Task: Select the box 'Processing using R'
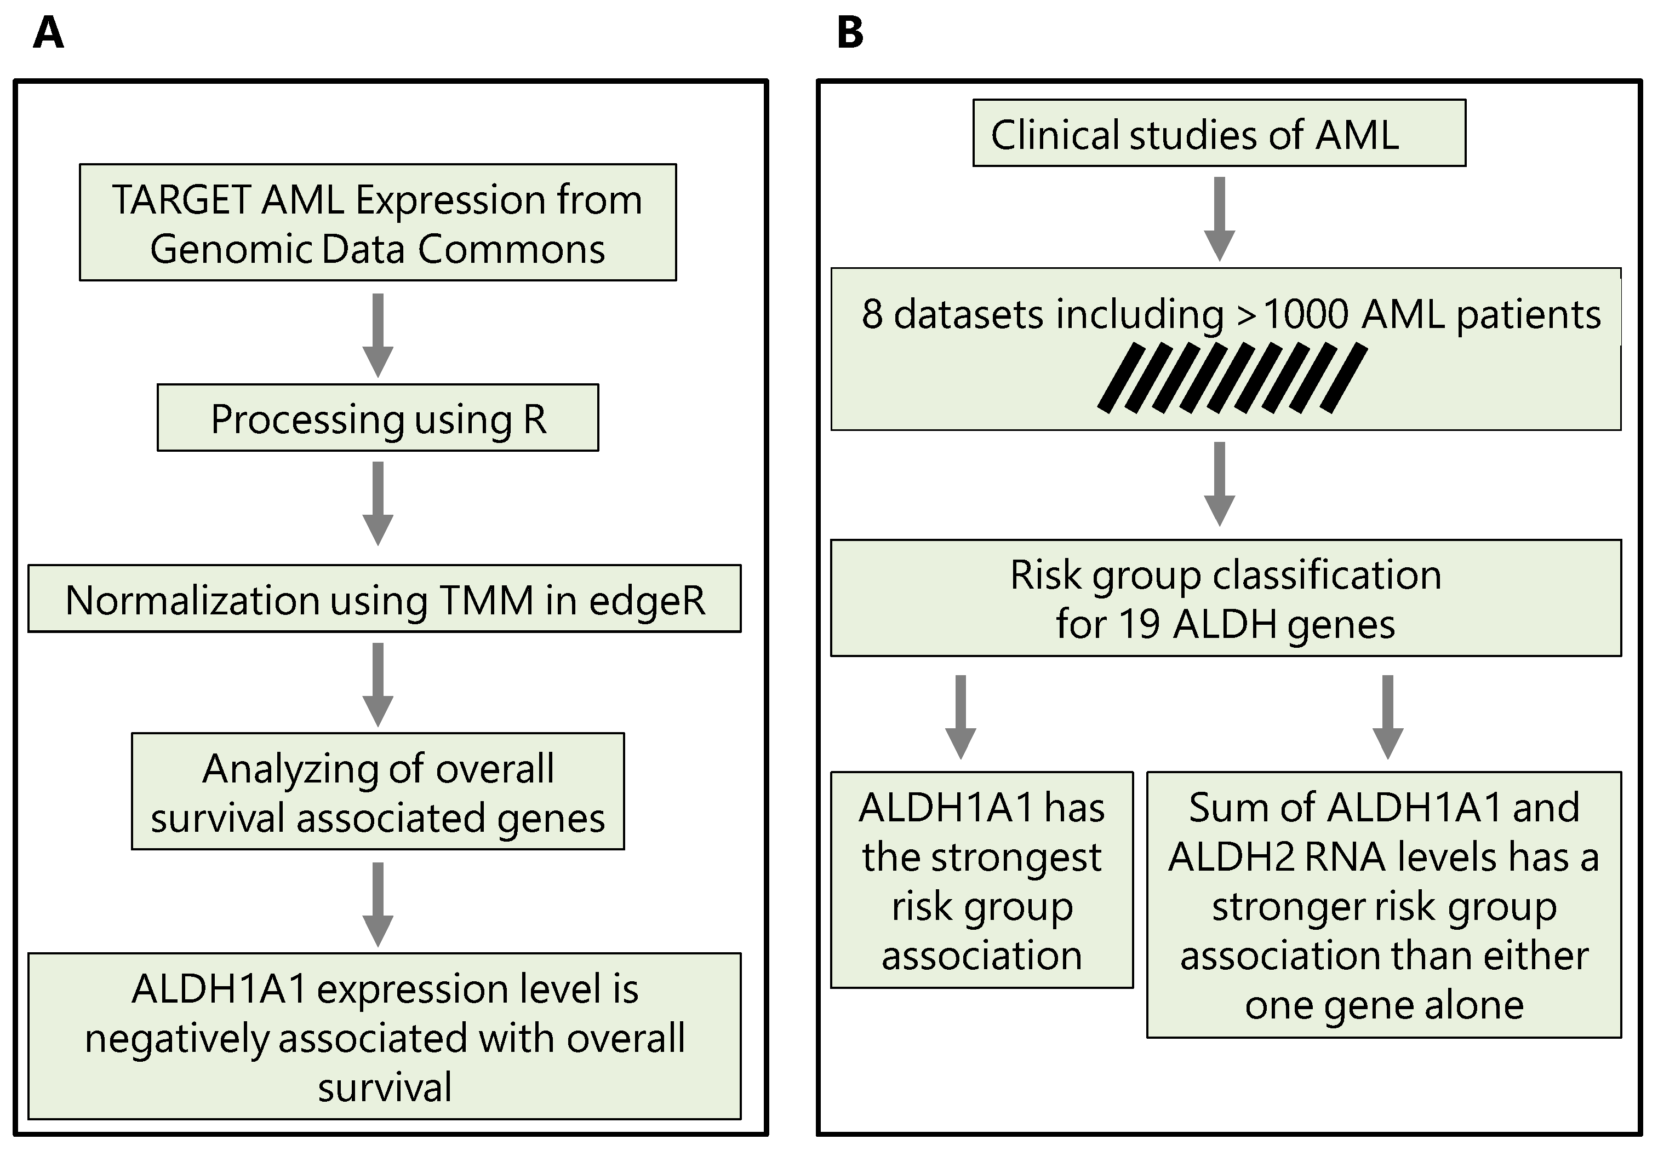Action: (378, 418)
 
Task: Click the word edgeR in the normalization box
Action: (647, 600)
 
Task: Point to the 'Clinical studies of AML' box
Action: (1219, 134)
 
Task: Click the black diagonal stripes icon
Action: (1232, 378)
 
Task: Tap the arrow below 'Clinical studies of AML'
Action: (1219, 218)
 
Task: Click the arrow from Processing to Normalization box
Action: (378, 503)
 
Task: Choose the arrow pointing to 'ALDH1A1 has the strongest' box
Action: (961, 717)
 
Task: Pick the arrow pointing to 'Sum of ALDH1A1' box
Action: (1387, 717)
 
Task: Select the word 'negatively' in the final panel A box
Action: (177, 1039)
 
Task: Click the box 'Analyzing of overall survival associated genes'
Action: (378, 792)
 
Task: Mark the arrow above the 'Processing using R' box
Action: (378, 335)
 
